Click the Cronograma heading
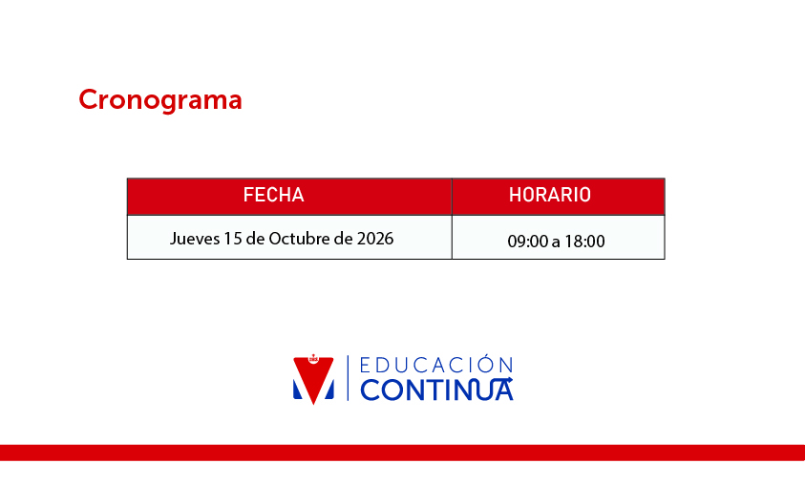160,100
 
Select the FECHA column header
274,195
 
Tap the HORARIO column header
550,195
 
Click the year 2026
375,239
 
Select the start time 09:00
528,242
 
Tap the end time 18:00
584,242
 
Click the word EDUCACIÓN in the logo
436,365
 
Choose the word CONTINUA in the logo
436,390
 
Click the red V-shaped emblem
313,380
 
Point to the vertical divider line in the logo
348,378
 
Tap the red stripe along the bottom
403,453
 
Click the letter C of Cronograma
88,99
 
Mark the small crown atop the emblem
313,358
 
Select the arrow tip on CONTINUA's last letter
510,380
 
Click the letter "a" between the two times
556,242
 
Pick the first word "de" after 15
255,239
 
